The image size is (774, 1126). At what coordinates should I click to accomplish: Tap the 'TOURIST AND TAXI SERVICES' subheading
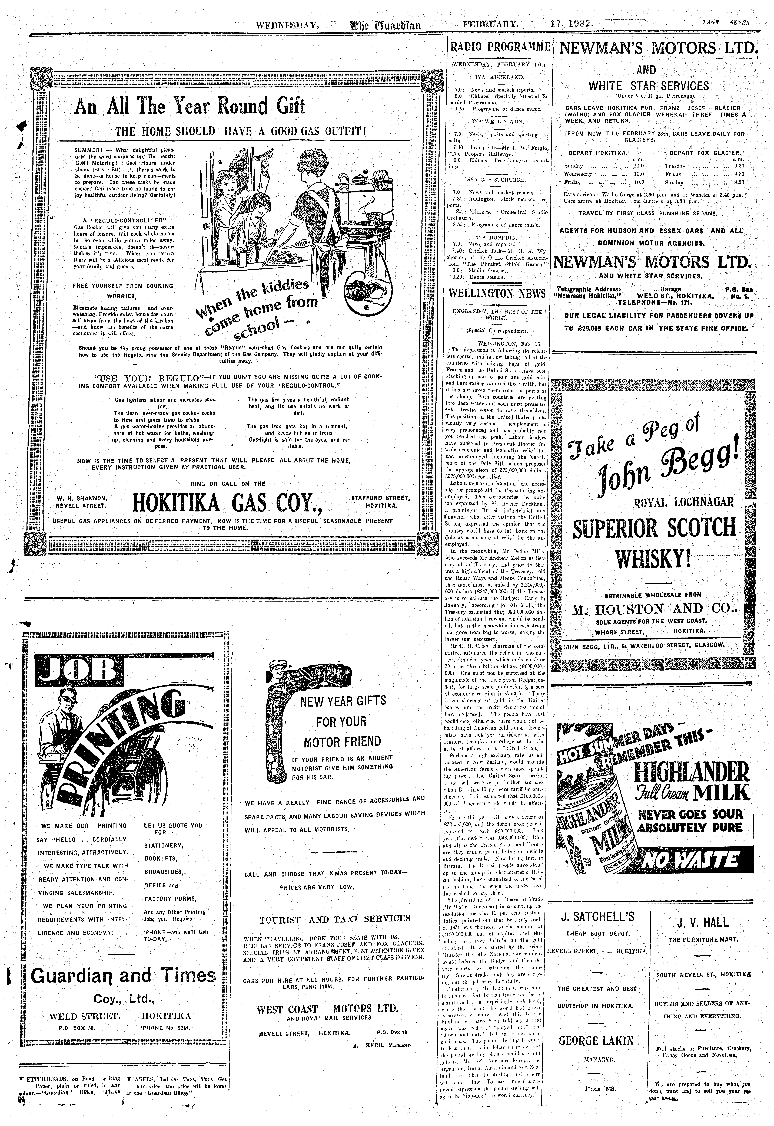(335, 919)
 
